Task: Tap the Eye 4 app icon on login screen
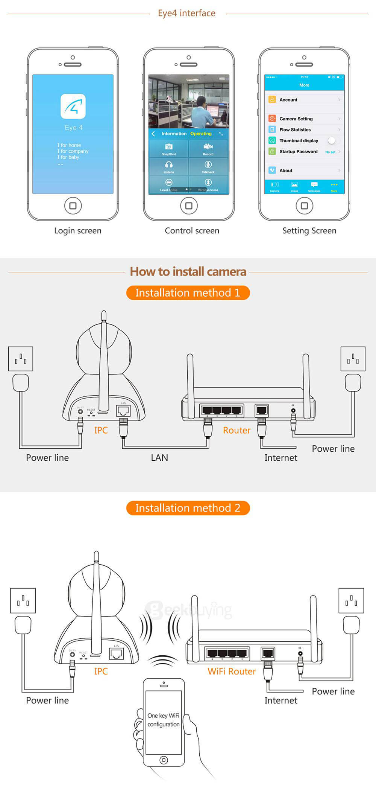73,106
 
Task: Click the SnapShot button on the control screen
169,148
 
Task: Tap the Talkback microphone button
208,166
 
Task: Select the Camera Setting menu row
304,119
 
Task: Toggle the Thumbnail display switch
332,140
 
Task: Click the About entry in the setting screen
304,171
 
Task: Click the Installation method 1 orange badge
188,293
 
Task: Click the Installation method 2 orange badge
188,508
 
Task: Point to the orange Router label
237,430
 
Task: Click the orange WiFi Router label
232,671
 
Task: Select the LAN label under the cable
159,458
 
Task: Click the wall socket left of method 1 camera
21,359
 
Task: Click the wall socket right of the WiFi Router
351,600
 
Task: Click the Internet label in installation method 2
280,700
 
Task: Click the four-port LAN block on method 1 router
221,410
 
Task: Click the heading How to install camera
188,271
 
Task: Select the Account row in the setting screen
304,100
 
